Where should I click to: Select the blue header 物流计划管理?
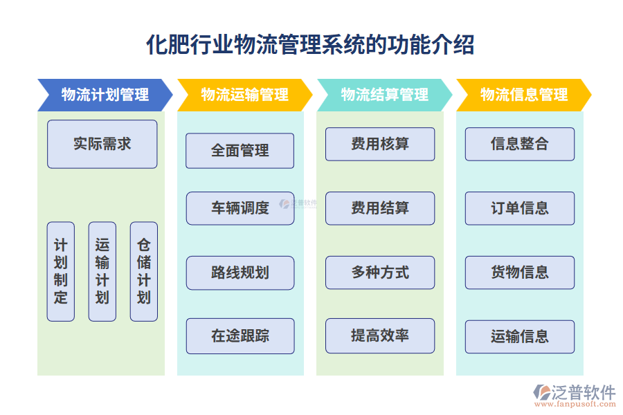tap(105, 95)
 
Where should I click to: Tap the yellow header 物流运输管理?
tap(244, 95)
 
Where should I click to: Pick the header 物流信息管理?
tap(523, 95)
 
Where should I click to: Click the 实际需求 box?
tap(102, 144)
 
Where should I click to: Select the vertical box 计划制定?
tap(61, 271)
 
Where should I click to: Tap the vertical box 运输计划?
tap(102, 271)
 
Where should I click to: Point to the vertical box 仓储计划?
tap(143, 271)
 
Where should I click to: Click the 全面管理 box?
tap(240, 151)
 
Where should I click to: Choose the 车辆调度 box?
tap(240, 208)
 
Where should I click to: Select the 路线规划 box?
tap(240, 273)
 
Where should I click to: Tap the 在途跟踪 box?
tap(240, 336)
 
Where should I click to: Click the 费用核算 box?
tap(380, 144)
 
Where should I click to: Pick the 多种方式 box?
tap(380, 273)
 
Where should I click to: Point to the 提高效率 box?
tap(380, 335)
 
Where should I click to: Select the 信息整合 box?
tap(519, 144)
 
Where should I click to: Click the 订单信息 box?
tap(519, 208)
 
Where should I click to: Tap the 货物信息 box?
tap(519, 273)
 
